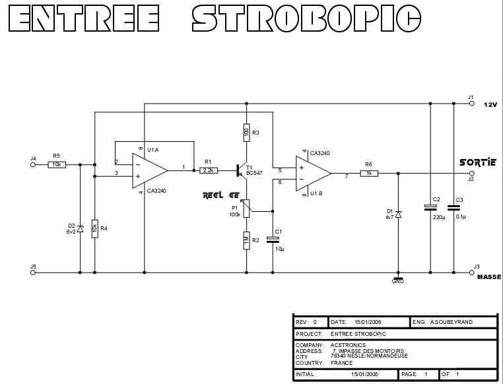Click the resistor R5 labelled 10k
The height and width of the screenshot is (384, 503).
click(x=57, y=164)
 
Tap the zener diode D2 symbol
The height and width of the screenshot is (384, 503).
click(x=81, y=228)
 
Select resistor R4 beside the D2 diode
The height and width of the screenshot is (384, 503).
click(x=95, y=228)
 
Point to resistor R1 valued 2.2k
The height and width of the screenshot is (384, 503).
click(x=209, y=170)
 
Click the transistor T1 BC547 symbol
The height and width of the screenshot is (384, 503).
click(x=242, y=170)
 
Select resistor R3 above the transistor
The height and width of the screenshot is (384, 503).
click(x=247, y=133)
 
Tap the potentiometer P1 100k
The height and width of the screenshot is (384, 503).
click(x=247, y=209)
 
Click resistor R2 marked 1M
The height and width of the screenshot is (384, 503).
click(x=247, y=240)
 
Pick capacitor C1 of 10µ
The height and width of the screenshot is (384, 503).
click(x=273, y=240)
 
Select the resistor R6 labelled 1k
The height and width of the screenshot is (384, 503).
click(x=369, y=174)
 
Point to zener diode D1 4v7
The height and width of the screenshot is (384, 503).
click(x=398, y=214)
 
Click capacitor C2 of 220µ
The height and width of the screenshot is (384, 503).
click(x=430, y=207)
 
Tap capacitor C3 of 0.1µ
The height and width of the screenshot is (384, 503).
click(x=454, y=207)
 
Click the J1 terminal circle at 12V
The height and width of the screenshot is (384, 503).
click(x=471, y=103)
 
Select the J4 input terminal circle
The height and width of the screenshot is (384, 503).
click(x=33, y=164)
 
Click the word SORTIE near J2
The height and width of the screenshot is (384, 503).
click(x=477, y=162)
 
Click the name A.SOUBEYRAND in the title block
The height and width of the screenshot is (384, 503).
click(x=452, y=322)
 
